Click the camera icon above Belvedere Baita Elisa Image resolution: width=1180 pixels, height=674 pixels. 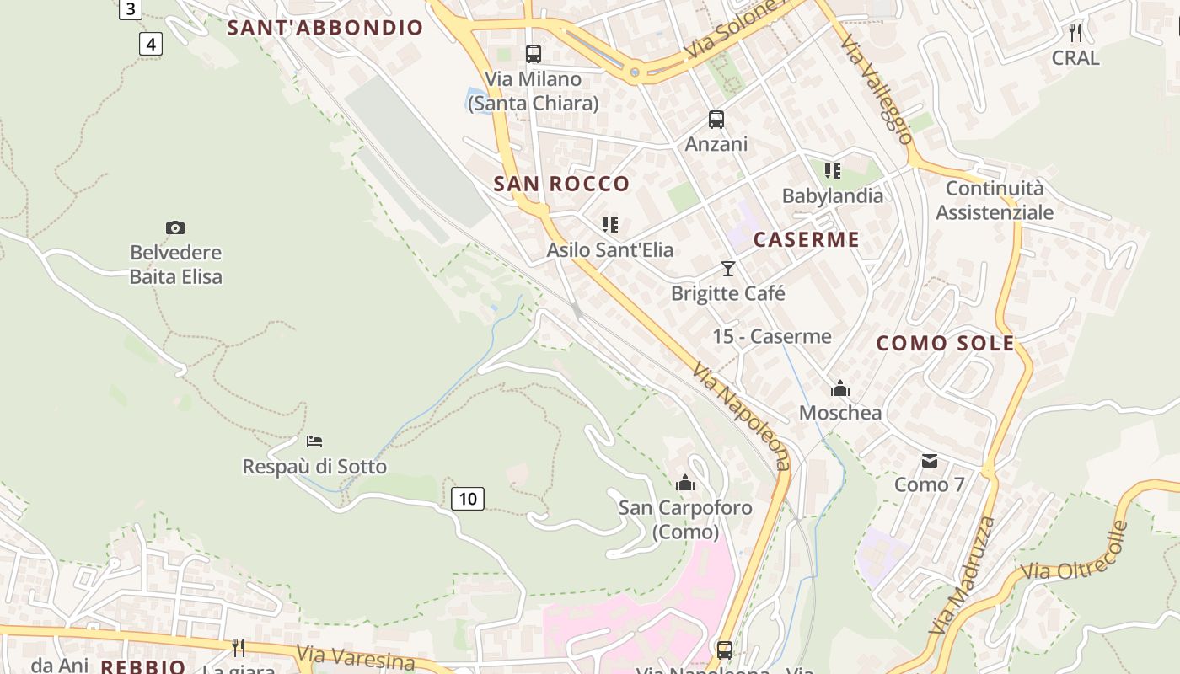pos(175,227)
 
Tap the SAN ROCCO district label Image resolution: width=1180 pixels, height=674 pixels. pos(561,184)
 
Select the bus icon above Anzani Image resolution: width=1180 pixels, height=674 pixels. pos(716,120)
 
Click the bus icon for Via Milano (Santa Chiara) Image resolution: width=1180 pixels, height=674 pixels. pos(534,54)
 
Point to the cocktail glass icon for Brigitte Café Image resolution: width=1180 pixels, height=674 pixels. pos(728,269)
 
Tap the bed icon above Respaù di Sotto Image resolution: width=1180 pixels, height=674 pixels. pos(314,441)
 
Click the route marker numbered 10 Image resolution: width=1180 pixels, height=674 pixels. pos(468,499)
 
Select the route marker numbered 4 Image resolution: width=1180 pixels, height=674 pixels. pos(150,44)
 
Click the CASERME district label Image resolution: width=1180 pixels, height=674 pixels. pos(807,239)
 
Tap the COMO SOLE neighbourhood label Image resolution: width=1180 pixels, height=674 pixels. pos(946,343)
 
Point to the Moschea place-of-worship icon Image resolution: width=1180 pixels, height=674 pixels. pos(840,388)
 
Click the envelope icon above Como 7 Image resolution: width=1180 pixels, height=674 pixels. pos(929,460)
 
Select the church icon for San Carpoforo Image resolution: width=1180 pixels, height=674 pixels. pos(685,483)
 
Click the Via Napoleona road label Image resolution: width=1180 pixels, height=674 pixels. pos(743,416)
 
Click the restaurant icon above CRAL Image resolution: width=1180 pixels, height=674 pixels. pos(1075,33)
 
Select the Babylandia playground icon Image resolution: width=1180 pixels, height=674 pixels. pos(833,171)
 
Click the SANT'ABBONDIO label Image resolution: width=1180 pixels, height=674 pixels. pos(325,27)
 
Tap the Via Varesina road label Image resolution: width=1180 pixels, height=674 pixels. pos(355,657)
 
